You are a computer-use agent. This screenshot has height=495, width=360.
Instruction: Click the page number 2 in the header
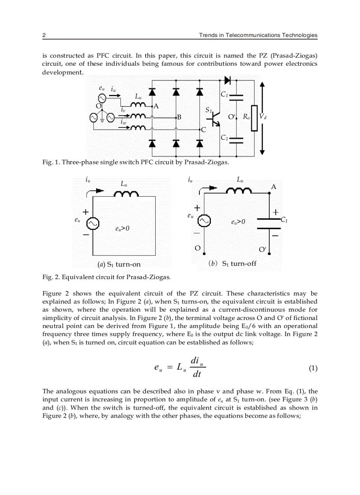(x=44, y=35)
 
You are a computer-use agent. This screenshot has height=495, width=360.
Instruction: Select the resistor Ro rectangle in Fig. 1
(x=254, y=118)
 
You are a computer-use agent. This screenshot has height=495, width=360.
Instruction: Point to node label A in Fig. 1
(x=156, y=106)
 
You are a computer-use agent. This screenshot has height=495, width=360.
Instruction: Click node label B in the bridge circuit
(x=179, y=117)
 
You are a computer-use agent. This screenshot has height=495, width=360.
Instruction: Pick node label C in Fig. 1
(x=203, y=130)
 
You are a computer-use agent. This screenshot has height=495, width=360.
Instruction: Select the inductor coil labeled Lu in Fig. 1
(x=138, y=104)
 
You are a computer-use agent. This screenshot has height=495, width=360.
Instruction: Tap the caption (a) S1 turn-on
(x=119, y=264)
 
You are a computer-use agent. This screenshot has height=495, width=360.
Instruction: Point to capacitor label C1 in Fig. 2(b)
(x=284, y=219)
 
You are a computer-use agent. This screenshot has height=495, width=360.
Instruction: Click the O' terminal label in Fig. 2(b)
(x=262, y=249)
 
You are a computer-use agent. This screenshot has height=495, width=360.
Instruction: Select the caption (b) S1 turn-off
(x=232, y=264)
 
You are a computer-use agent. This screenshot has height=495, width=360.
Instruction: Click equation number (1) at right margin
(x=313, y=368)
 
